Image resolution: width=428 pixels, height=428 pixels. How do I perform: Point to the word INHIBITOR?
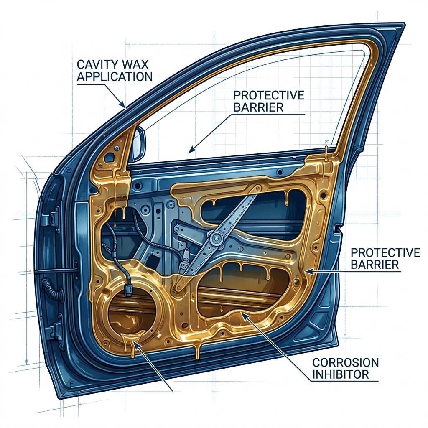click(x=341, y=374)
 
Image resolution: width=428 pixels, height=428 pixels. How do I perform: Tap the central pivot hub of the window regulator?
click(x=217, y=239)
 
